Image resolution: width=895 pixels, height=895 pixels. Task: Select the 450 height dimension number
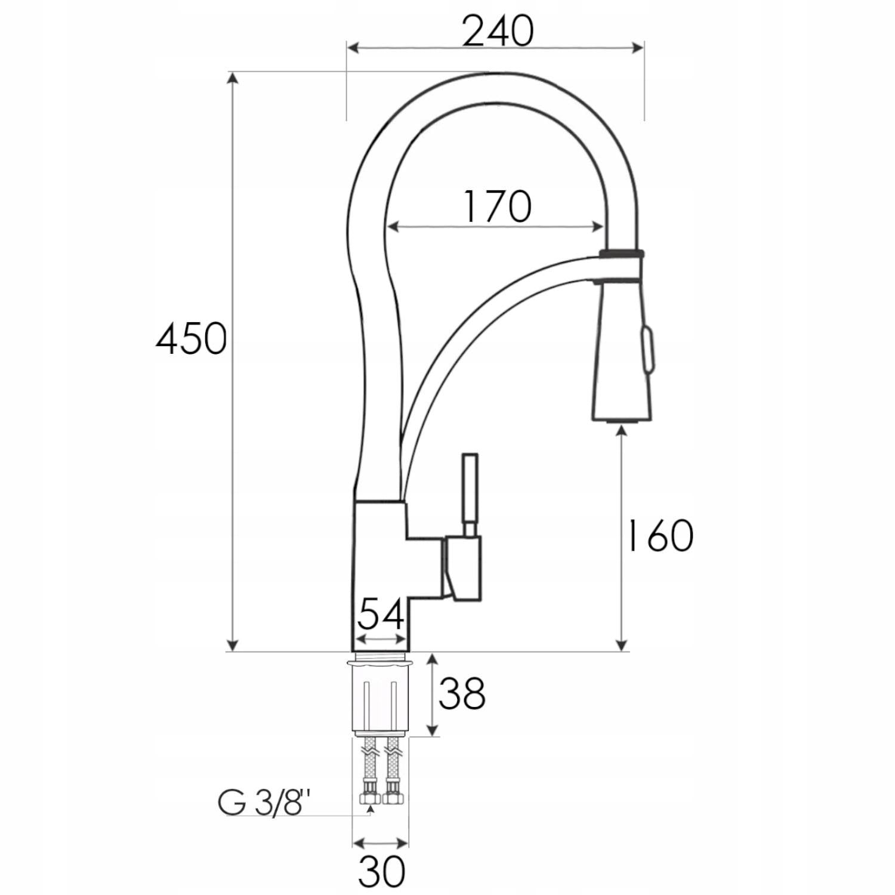[x=191, y=338]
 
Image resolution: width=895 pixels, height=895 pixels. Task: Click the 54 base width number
[x=381, y=614]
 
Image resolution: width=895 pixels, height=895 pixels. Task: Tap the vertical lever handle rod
[x=470, y=495]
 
